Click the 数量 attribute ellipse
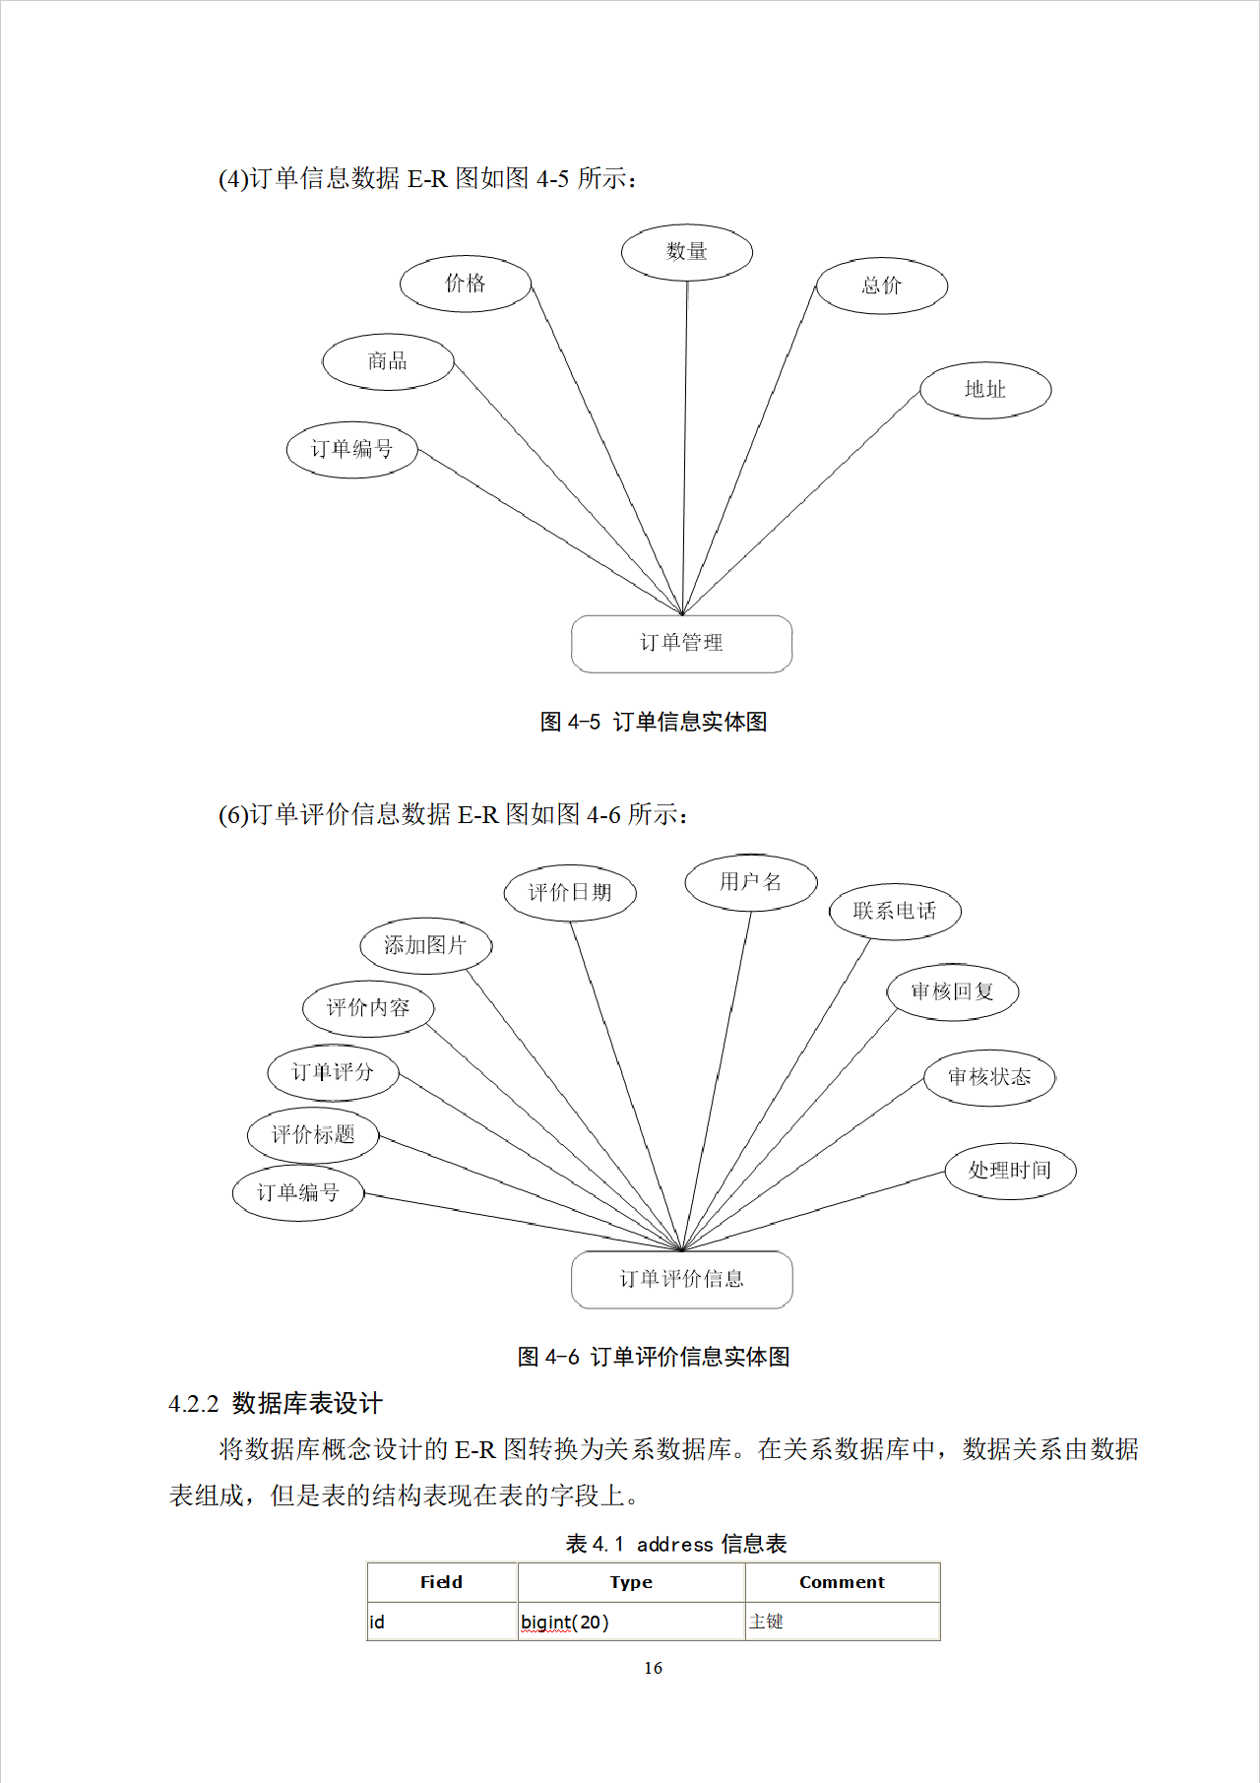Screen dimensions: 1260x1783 point(686,252)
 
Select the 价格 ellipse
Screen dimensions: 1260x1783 point(465,284)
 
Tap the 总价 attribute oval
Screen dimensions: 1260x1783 point(881,286)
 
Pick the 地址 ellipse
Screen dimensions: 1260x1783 point(984,390)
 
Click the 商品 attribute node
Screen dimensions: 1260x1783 point(387,361)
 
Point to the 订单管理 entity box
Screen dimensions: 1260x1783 point(681,644)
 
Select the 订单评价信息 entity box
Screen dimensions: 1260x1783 point(681,1279)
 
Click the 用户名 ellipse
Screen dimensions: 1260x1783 point(750,882)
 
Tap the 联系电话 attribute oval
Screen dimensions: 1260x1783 point(894,911)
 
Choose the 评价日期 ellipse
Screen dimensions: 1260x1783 point(569,893)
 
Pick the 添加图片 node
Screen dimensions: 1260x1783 point(424,946)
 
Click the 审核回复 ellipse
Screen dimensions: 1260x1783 point(951,991)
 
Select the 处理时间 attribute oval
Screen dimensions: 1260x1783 point(1009,1171)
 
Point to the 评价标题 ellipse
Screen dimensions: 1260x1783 point(312,1135)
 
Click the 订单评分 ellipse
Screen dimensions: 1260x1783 point(333,1072)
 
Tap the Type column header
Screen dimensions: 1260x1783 point(631,1582)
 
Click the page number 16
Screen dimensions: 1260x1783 point(653,1668)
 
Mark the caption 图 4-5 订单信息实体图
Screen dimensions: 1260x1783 point(653,722)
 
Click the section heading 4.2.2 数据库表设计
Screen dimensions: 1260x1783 point(276,1403)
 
